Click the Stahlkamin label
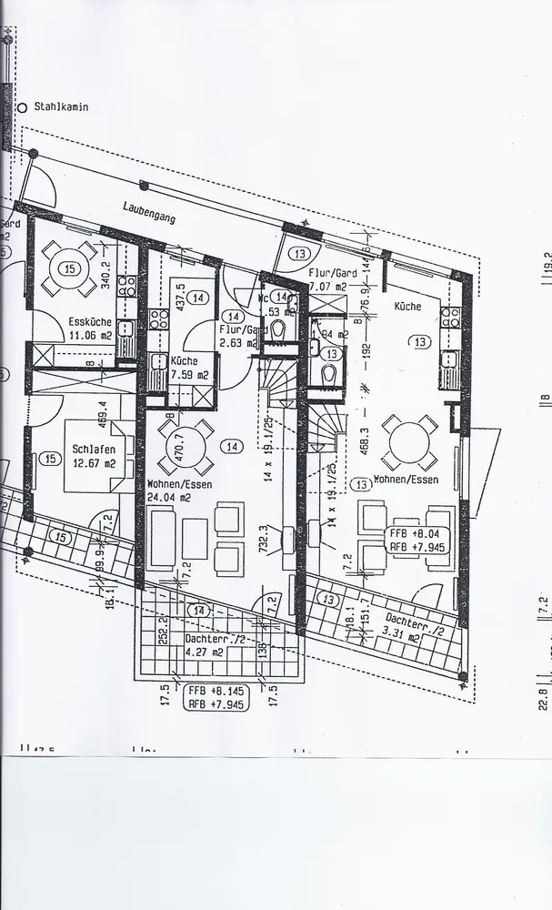pyautogui.click(x=62, y=106)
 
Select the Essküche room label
pyautogui.click(x=90, y=321)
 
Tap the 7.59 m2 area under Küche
pyautogui.click(x=189, y=374)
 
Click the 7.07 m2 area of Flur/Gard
pyautogui.click(x=329, y=287)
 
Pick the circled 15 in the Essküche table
pyautogui.click(x=69, y=268)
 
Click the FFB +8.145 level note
pyautogui.click(x=210, y=690)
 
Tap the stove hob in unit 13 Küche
pyautogui.click(x=450, y=317)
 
